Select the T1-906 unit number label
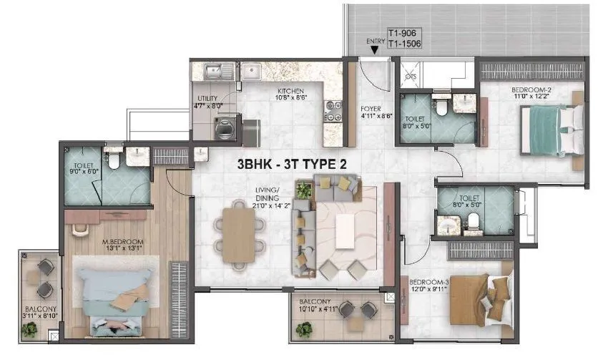coord(401,33)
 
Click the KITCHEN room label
coord(293,92)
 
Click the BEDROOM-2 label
coord(531,90)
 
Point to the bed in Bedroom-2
coord(551,129)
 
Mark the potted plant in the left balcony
coord(29,329)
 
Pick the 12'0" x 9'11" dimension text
coord(428,289)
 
